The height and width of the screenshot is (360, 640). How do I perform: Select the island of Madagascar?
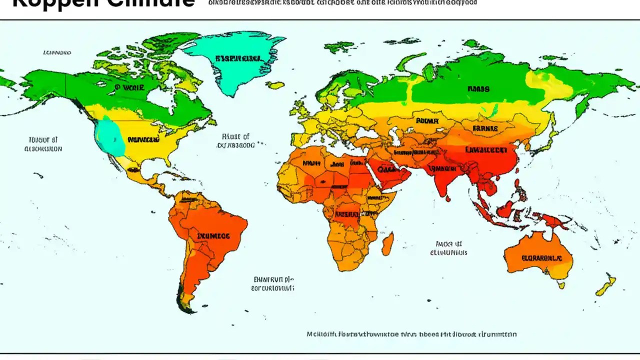[x=387, y=245]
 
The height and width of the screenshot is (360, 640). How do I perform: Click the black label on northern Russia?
[x=478, y=89]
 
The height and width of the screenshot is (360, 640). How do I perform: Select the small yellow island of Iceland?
[x=275, y=85]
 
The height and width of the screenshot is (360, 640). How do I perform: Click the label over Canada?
[x=129, y=87]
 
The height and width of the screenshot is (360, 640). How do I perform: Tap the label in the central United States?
[x=143, y=139]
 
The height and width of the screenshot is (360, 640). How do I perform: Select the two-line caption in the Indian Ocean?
[x=448, y=248]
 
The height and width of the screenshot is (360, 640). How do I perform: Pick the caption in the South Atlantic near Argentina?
[x=272, y=284]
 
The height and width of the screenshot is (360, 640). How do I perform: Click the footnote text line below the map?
[x=411, y=334]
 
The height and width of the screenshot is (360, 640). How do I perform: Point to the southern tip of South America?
[x=187, y=309]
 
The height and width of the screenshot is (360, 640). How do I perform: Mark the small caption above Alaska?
[x=57, y=52]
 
